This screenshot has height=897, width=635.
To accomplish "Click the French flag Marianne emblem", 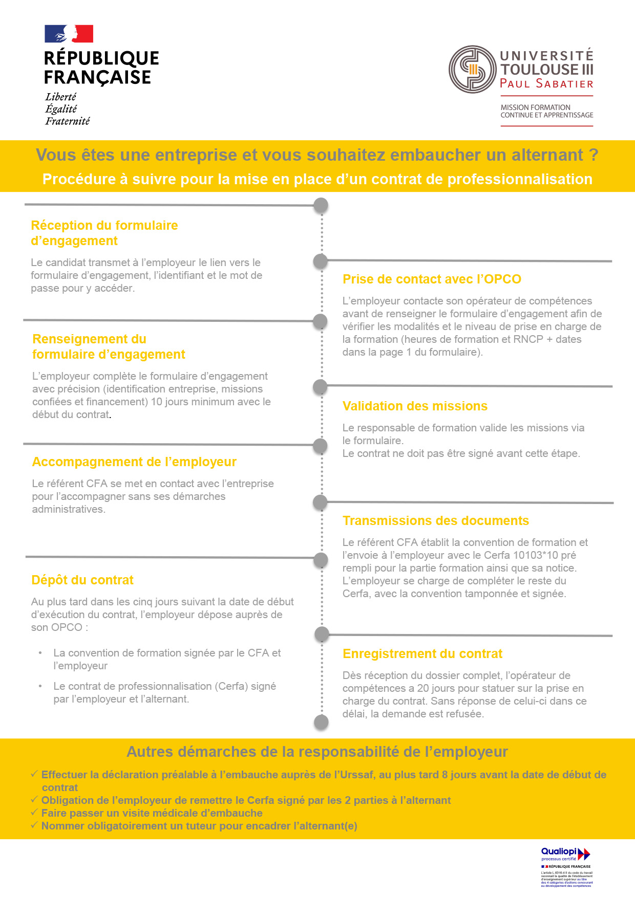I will tap(69, 34).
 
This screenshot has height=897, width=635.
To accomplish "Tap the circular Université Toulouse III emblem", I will tap(472, 70).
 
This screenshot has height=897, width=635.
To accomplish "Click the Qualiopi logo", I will tap(565, 854).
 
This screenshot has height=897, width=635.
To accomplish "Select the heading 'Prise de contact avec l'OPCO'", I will tap(432, 279).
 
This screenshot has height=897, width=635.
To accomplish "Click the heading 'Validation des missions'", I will tap(415, 406).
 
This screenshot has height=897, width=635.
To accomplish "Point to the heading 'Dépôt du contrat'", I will tap(82, 580).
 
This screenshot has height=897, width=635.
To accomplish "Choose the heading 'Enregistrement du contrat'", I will tap(422, 654).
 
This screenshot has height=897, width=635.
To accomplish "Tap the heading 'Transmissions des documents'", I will tap(436, 521).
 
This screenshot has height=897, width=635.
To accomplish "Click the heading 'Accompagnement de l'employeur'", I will tap(134, 462).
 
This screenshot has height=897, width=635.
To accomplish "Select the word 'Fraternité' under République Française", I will tap(68, 121).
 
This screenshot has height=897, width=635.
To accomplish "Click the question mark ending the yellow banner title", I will tap(594, 155).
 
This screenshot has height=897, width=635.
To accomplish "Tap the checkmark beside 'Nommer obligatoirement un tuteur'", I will tap(34, 825).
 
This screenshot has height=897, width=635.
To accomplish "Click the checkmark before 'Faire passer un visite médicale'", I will tap(34, 813).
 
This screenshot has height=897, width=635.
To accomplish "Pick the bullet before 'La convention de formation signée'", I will tap(40, 653).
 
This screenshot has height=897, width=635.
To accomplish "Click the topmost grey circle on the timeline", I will tap(321, 206).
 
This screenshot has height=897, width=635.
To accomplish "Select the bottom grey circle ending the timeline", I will tap(321, 722).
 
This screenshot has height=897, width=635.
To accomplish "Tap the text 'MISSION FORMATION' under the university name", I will tap(535, 107).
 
